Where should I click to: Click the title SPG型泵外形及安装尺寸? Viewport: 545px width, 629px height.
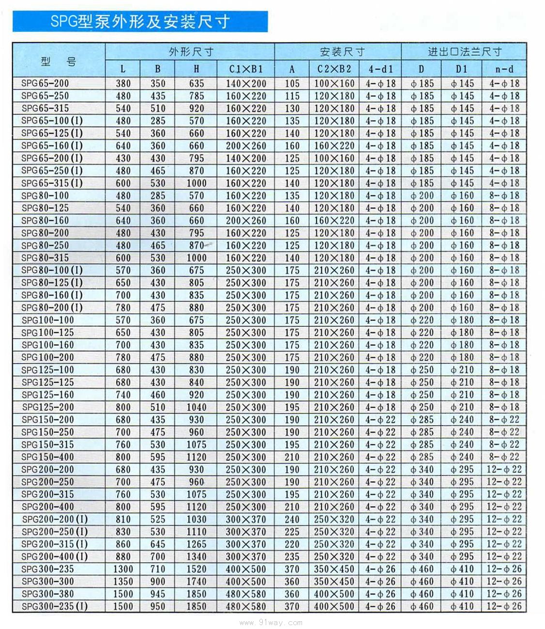[140, 22]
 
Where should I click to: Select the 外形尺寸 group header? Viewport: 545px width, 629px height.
[191, 52]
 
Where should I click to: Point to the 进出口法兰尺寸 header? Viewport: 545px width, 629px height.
[464, 52]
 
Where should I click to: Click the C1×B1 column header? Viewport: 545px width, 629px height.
[246, 69]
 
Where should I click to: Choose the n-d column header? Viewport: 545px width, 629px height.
[504, 69]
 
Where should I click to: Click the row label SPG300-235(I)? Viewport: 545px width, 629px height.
[55, 606]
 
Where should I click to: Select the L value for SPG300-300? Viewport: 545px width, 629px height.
[123, 581]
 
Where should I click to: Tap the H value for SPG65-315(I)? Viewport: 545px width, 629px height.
[197, 183]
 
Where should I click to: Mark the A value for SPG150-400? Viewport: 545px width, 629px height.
[292, 457]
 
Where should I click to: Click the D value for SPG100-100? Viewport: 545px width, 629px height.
[422, 320]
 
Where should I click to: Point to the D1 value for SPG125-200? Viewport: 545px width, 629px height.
[462, 407]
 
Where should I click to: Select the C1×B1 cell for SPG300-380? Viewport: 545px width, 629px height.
[246, 594]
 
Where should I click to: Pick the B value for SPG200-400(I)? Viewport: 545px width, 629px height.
[158, 556]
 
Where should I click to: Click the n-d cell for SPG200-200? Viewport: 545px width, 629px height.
[504, 469]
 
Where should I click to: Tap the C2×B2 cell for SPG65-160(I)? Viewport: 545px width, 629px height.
[334, 146]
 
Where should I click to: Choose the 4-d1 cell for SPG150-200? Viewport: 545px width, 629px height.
[380, 420]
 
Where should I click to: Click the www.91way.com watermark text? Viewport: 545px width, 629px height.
[272, 622]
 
